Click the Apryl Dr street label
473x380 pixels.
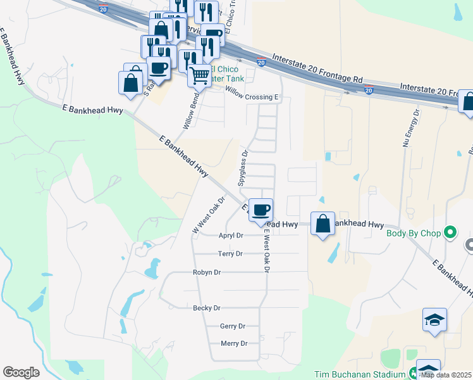[231, 236]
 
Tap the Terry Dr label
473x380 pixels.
[230, 253]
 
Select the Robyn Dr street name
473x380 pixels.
[207, 272]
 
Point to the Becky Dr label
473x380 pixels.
[207, 308]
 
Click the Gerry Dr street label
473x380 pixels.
[232, 326]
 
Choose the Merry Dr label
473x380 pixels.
[234, 343]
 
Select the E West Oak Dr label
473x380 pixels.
[267, 251]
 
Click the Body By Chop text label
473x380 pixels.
[414, 232]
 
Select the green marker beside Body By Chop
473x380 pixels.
[450, 232]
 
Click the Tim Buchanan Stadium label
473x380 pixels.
[361, 374]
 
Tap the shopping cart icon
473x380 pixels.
[200, 75]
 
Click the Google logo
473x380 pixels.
[21, 372]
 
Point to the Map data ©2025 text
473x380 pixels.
[446, 374]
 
